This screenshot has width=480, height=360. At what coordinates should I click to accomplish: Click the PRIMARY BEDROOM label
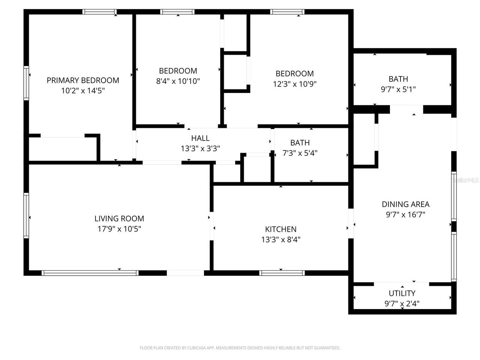(x=83, y=80)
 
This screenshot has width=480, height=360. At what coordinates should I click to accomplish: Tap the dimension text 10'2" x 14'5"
(x=83, y=90)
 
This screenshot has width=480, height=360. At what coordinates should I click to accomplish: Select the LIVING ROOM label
(x=119, y=219)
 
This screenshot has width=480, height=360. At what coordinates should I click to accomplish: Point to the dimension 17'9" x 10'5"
(x=119, y=229)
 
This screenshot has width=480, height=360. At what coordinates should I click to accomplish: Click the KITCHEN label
(x=281, y=229)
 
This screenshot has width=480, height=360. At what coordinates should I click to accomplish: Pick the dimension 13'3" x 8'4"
(x=281, y=239)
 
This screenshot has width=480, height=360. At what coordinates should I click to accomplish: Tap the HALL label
(x=200, y=138)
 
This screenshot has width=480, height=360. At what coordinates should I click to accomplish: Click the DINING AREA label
(x=405, y=204)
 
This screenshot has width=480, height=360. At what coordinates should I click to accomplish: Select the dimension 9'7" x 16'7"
(x=405, y=214)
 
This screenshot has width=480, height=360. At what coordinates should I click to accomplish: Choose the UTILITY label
(x=402, y=293)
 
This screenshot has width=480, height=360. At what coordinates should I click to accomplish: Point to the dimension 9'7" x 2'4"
(x=402, y=303)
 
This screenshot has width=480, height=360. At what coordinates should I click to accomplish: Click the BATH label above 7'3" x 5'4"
(x=300, y=142)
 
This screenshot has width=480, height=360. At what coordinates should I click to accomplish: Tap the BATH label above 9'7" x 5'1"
(x=398, y=79)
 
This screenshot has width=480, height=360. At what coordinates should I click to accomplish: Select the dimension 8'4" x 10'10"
(x=178, y=81)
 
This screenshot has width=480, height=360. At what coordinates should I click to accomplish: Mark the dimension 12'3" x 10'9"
(x=295, y=84)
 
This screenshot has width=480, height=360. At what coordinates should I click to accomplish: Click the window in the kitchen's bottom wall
(x=282, y=273)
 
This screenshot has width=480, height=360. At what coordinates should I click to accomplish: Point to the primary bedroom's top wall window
(x=99, y=12)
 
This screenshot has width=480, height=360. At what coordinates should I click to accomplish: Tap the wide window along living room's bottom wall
(x=90, y=273)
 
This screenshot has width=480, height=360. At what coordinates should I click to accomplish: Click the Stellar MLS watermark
(x=466, y=180)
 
